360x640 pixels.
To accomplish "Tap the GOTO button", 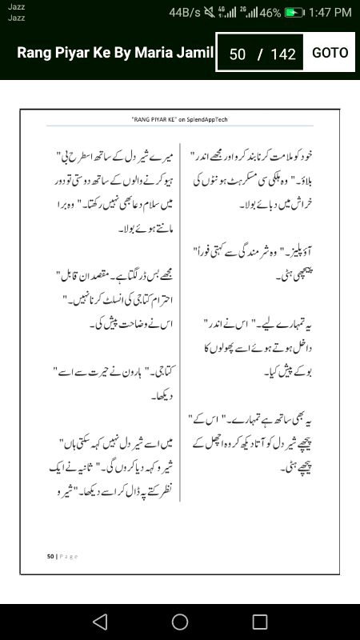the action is [x=330, y=53].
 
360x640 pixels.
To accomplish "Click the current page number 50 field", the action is [x=237, y=54].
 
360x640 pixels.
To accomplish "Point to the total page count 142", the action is [x=283, y=54].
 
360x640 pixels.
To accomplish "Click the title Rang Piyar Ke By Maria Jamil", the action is [x=116, y=53].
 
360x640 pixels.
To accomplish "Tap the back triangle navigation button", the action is [x=99, y=622].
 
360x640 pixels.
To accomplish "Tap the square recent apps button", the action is [x=260, y=622].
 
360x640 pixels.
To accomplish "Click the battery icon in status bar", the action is [x=295, y=13].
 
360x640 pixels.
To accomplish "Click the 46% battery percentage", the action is [x=270, y=13].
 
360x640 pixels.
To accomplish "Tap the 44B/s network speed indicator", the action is [x=186, y=13].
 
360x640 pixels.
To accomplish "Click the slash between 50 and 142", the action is [x=259, y=54].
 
